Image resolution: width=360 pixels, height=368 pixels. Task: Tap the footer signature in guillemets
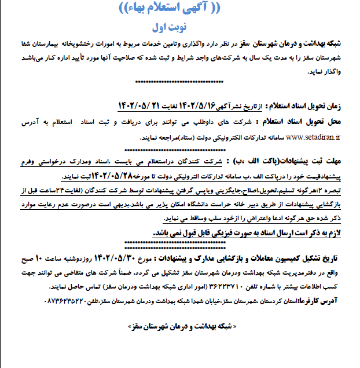tap(180, 327)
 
